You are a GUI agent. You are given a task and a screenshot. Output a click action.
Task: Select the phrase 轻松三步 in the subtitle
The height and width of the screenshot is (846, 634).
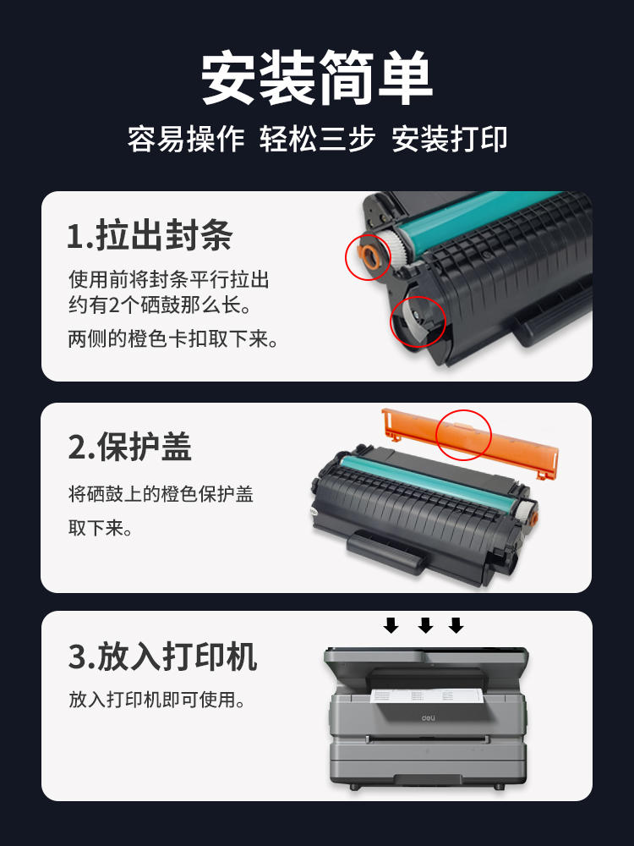coord(317,139)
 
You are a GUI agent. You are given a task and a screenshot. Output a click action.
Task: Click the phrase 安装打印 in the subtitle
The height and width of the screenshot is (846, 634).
coord(449,139)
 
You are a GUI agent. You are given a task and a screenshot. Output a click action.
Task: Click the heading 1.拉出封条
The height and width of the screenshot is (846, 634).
coord(150,236)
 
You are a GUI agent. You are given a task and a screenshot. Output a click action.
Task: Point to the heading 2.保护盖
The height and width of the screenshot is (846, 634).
coord(130,447)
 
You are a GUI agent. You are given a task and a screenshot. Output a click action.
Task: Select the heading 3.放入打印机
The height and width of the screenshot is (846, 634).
coord(162,656)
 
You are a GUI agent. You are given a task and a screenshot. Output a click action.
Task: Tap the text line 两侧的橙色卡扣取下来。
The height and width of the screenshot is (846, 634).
coord(173,339)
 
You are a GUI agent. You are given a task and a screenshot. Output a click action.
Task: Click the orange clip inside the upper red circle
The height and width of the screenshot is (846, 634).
coord(368,256)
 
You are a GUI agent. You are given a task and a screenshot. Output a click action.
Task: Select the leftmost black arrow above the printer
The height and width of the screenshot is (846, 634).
coord(391,625)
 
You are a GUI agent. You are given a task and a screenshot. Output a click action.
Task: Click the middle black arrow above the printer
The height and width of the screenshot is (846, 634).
coord(426,625)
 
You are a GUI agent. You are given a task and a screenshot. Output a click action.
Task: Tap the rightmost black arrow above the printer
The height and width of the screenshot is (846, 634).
coord(456,625)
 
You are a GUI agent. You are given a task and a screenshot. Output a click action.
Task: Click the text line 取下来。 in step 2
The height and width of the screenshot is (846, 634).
coord(99,530)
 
